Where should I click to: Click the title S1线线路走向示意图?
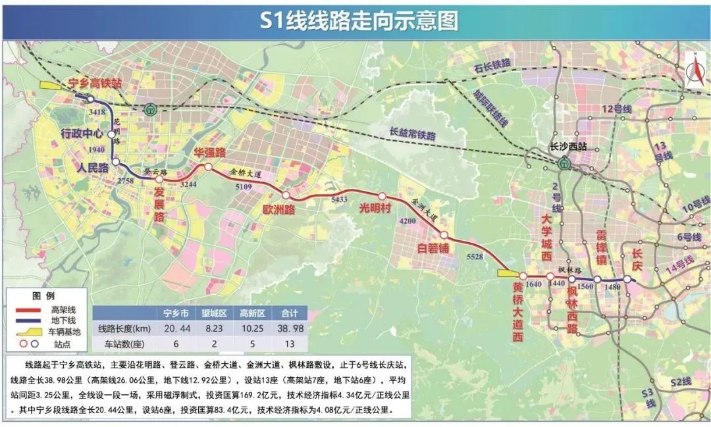pos(357,21)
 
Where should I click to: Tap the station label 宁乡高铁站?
pos(96,84)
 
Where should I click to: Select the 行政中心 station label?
pos(82,134)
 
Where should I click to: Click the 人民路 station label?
pos(93,167)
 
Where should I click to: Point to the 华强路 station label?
pos(209,152)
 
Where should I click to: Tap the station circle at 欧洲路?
pos(286,195)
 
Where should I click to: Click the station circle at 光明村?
pos(382,196)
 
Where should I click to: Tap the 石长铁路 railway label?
pos(492,64)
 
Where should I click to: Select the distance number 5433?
pos(339,199)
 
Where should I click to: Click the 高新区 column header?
pos(252,313)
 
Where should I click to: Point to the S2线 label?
pos(681,382)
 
